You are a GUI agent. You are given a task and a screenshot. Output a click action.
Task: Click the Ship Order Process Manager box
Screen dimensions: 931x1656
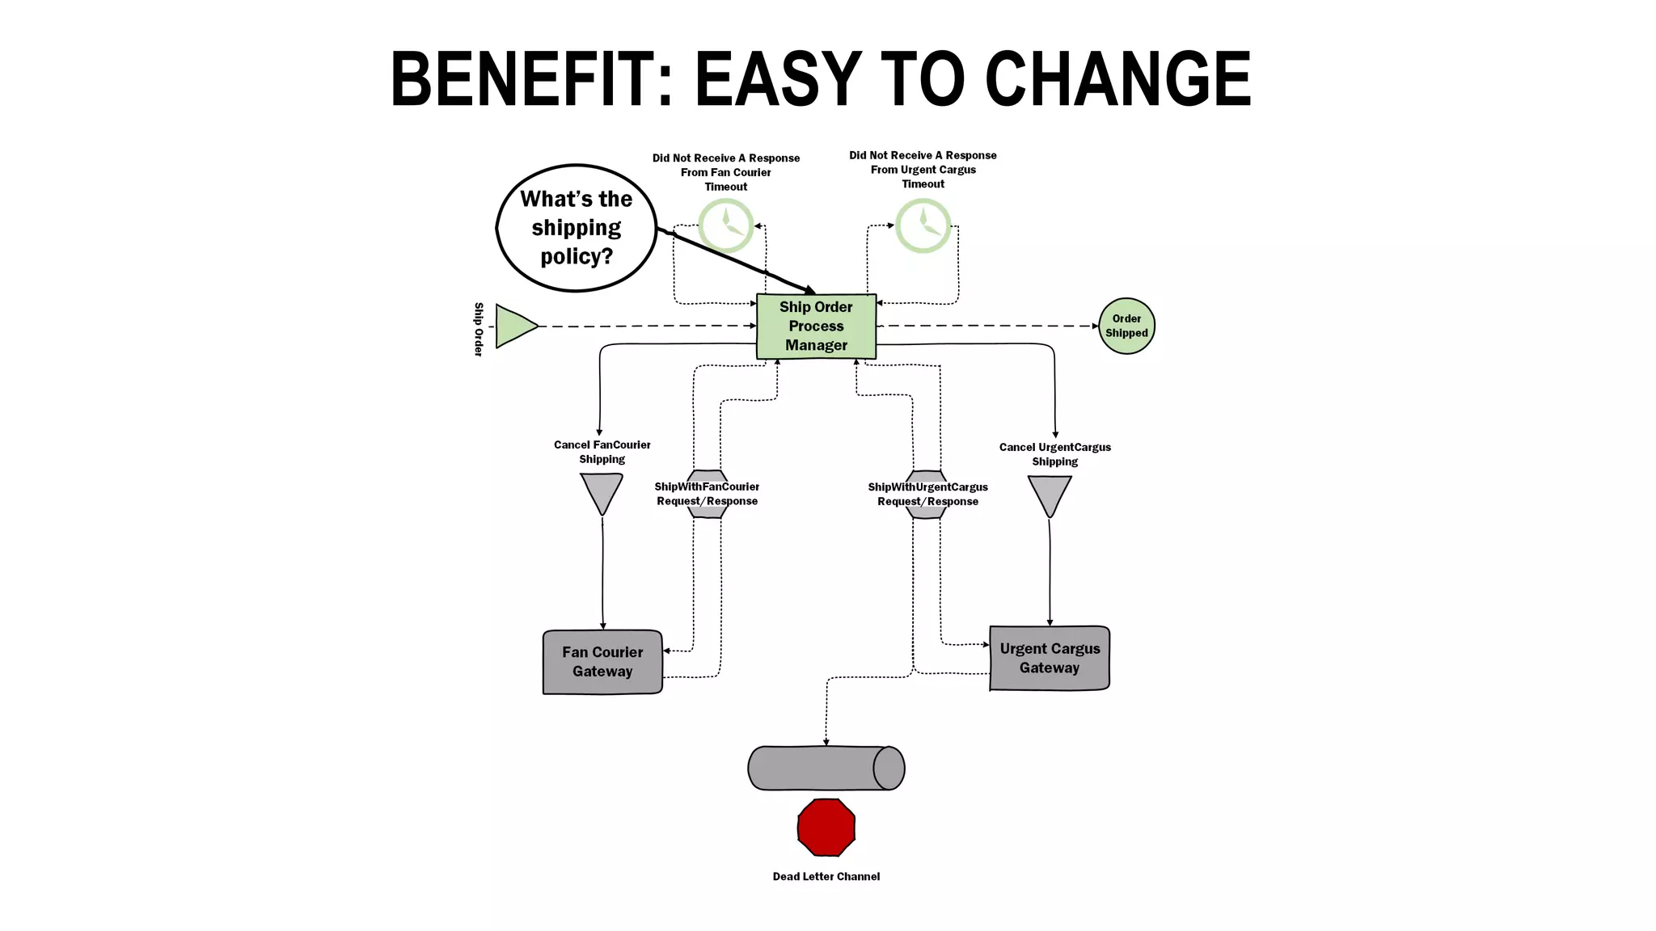point(816,326)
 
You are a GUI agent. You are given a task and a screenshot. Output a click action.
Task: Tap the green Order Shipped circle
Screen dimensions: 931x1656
point(1126,326)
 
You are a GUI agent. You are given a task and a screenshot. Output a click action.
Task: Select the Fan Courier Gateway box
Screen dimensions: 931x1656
point(602,662)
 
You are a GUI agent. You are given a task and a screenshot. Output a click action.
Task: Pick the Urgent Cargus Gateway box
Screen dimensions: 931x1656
point(1050,659)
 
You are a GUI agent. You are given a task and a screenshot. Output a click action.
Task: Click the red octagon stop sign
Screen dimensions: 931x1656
point(826,827)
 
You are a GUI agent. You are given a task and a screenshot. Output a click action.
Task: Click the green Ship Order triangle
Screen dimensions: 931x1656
point(514,326)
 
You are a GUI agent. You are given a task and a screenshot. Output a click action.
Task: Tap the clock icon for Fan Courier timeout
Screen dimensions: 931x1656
point(726,225)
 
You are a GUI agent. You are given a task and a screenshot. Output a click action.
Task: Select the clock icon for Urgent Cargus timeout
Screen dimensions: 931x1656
point(923,225)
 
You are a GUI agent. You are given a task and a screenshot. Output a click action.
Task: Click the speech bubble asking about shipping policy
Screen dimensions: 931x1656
point(576,228)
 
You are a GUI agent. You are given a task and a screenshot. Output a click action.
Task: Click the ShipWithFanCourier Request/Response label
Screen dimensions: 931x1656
point(707,494)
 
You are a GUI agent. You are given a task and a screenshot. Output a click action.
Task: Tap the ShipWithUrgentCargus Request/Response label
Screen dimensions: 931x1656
point(927,495)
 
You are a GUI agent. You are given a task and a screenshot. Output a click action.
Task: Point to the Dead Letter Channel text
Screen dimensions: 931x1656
point(826,877)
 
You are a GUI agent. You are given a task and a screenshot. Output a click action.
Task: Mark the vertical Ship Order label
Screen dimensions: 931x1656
point(479,329)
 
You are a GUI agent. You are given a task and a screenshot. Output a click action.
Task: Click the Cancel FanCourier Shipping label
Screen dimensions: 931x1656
point(602,452)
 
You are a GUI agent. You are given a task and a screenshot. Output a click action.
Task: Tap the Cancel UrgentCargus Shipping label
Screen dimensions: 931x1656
point(1054,454)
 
